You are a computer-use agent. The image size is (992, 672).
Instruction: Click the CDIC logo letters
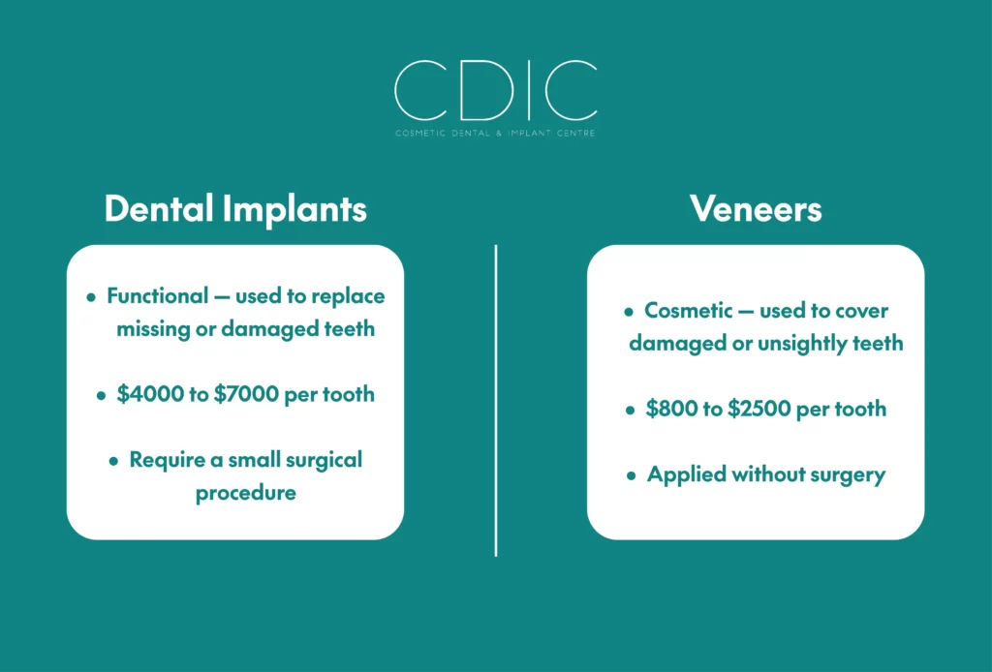pyautogui.click(x=495, y=90)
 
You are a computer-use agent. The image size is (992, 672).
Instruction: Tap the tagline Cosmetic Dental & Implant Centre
pyautogui.click(x=495, y=134)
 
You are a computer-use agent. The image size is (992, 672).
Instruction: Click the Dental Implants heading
pyautogui.click(x=235, y=209)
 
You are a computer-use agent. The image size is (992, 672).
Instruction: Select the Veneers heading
pyautogui.click(x=756, y=208)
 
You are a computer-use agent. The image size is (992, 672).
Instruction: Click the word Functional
pyautogui.click(x=158, y=296)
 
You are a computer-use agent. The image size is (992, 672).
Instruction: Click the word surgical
pyautogui.click(x=324, y=461)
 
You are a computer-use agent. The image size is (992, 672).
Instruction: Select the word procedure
pyautogui.click(x=245, y=494)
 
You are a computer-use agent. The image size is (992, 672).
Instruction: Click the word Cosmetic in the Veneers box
pyautogui.click(x=689, y=311)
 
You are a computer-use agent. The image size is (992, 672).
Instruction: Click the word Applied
pyautogui.click(x=687, y=475)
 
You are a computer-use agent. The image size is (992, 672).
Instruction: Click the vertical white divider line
pyautogui.click(x=496, y=401)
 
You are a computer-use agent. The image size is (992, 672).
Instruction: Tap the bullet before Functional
pyautogui.click(x=91, y=296)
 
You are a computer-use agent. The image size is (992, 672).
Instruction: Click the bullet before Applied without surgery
pyautogui.click(x=631, y=475)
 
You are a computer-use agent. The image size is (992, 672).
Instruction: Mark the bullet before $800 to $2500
pyautogui.click(x=630, y=410)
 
